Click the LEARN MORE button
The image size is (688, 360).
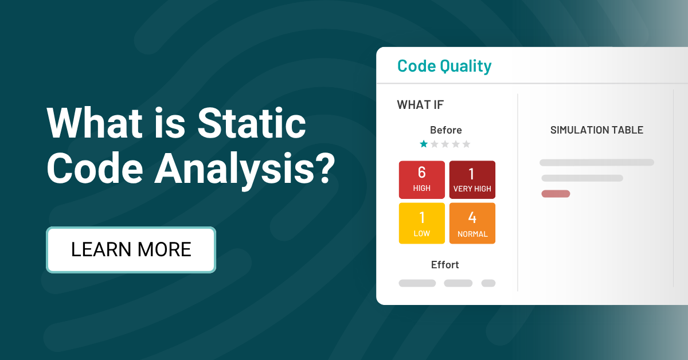(x=131, y=250)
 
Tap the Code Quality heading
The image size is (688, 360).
(x=444, y=66)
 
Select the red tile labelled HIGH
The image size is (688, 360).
(x=422, y=179)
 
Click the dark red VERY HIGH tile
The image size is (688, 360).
(x=472, y=179)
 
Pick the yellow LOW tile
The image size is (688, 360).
(x=422, y=224)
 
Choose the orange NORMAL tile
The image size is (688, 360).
(x=472, y=224)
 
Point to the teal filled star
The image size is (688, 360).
(x=424, y=144)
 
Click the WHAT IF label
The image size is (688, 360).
(x=420, y=105)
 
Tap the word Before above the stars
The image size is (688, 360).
(x=445, y=130)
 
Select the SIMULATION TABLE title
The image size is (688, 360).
(x=597, y=130)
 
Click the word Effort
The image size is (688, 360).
(x=445, y=264)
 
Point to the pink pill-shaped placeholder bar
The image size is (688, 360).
(x=556, y=194)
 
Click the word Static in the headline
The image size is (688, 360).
(x=251, y=123)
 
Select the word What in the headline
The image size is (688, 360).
(x=95, y=123)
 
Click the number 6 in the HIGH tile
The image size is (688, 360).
(x=422, y=173)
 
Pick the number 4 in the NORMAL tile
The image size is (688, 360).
(x=472, y=217)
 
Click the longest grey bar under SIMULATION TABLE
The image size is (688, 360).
(x=597, y=162)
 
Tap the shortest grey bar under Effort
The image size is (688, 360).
(x=488, y=283)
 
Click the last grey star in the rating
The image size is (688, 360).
(x=466, y=144)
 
